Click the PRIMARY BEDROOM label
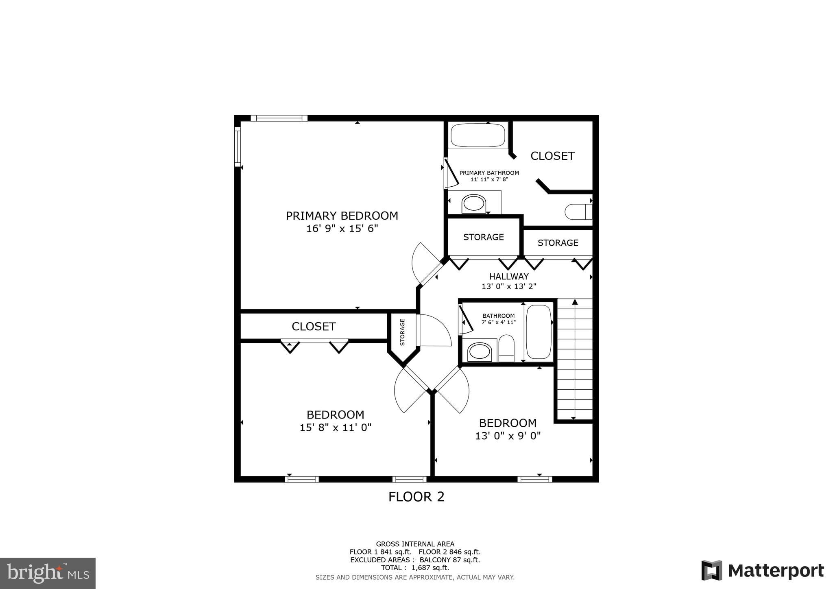coord(342,216)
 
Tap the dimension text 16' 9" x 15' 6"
coord(342,229)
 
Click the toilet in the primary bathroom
coord(578,212)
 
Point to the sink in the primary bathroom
coord(474,203)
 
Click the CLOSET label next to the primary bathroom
coord(552,156)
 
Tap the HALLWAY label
coord(509,276)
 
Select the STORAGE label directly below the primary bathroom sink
coord(483,237)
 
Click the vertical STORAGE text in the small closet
coord(402,332)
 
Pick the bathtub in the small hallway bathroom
coord(539,332)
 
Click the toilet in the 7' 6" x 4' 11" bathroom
coord(506,348)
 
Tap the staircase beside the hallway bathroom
coord(574,360)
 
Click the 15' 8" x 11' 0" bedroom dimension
coord(336,428)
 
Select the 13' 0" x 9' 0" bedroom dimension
coord(508,436)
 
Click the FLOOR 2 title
coord(416,497)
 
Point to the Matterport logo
coord(763,570)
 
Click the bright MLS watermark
coord(48,573)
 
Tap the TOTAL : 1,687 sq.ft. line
coord(415,567)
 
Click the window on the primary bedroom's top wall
coord(279,118)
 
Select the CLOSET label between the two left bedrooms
coord(313,326)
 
